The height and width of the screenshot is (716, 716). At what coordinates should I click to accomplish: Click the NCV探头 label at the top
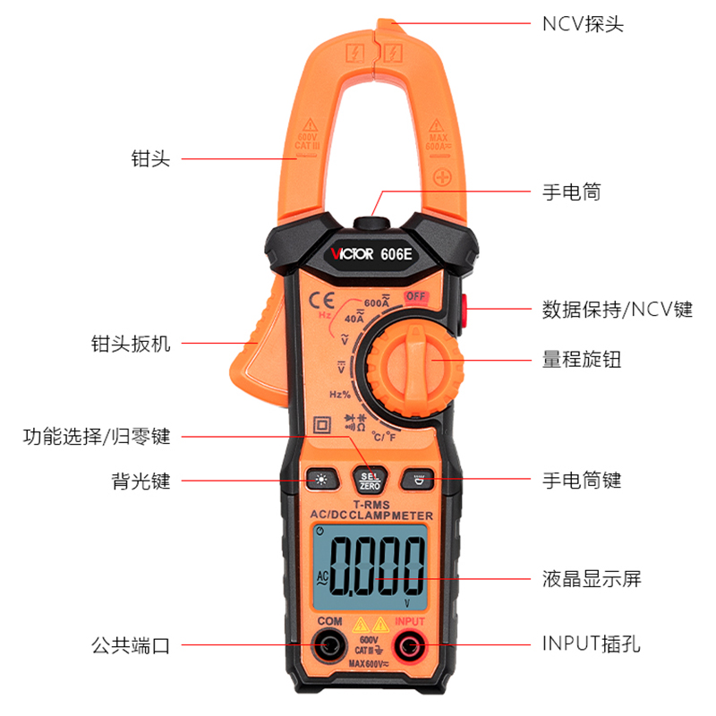[583, 23]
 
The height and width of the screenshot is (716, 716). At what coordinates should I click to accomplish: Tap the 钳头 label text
[149, 159]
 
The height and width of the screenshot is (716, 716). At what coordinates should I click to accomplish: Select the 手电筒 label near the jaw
[572, 192]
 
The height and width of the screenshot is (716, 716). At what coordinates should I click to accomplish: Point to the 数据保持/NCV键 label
[617, 310]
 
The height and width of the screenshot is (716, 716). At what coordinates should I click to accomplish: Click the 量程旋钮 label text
[582, 360]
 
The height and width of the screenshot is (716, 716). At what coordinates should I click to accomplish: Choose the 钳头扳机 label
[131, 344]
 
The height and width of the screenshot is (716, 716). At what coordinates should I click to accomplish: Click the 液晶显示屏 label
[592, 578]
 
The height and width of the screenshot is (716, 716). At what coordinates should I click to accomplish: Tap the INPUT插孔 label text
[592, 644]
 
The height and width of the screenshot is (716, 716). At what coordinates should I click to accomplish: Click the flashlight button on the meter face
[418, 481]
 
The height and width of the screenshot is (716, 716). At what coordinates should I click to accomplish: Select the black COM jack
[329, 644]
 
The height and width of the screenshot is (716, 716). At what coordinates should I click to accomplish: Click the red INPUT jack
[411, 644]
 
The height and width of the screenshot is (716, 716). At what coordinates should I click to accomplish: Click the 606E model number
[396, 253]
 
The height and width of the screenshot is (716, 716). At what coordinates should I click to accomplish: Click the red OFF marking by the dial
[415, 297]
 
